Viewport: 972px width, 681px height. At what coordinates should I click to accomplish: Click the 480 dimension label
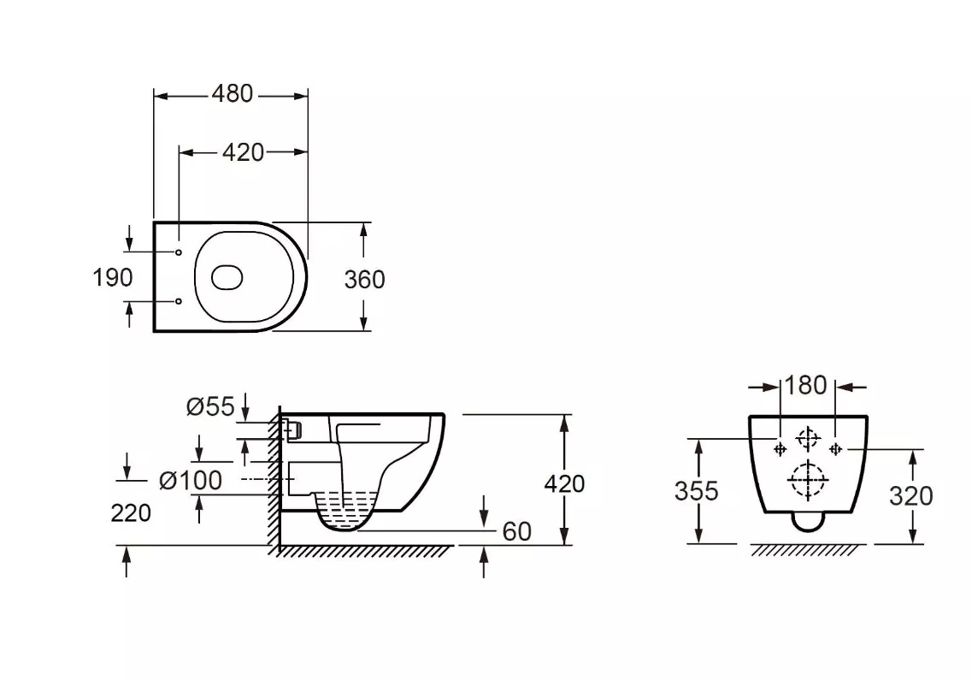pyautogui.click(x=233, y=93)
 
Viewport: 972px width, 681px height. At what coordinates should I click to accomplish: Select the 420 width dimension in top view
pyautogui.click(x=243, y=152)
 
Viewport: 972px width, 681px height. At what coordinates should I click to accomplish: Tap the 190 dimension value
pyautogui.click(x=112, y=277)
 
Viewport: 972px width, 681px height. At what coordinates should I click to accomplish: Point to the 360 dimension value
pyautogui.click(x=364, y=280)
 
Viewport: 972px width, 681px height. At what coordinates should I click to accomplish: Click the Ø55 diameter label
pyautogui.click(x=211, y=407)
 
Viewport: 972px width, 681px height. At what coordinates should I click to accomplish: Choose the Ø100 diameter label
pyautogui.click(x=191, y=481)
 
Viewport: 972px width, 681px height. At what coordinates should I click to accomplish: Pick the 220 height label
pyautogui.click(x=131, y=513)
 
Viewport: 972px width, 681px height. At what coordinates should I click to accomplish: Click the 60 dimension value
pyautogui.click(x=517, y=531)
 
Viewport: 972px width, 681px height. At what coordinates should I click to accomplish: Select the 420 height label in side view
pyautogui.click(x=564, y=483)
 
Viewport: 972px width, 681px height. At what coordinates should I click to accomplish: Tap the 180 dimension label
pyautogui.click(x=806, y=386)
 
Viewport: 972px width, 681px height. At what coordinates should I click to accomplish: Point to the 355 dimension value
pyautogui.click(x=696, y=491)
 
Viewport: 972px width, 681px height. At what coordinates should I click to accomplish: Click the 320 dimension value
pyautogui.click(x=910, y=496)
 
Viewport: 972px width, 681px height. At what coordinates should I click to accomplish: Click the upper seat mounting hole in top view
pyautogui.click(x=179, y=252)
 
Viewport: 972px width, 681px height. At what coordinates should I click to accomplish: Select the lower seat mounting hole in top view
pyautogui.click(x=179, y=301)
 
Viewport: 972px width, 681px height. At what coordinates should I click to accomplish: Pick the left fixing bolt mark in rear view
pyautogui.click(x=780, y=448)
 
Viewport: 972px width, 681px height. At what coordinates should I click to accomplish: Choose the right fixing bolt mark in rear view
pyautogui.click(x=835, y=448)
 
